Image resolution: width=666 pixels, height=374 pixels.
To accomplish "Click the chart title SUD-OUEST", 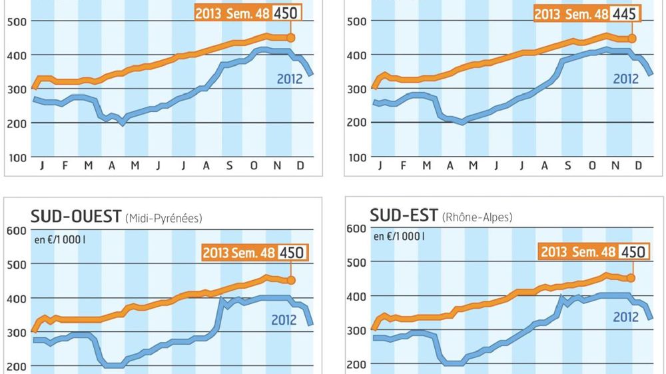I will pos(76,217).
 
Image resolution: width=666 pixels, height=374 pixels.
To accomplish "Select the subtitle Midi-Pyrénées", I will pos(163,219).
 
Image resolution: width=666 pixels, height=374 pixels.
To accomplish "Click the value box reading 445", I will pos(626,13).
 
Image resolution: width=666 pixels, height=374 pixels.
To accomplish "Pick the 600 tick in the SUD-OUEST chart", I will pos(15,231).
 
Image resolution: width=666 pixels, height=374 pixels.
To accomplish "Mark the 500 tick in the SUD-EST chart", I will pos(356,261).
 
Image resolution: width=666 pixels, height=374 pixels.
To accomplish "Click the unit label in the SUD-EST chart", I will pos(399,235).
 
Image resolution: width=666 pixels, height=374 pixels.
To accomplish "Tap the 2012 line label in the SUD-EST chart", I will pos(625,317).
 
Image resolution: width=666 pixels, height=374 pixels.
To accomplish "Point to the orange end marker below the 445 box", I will pos(632,39).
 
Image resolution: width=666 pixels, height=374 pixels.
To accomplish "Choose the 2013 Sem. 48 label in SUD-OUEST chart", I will pos(238,253).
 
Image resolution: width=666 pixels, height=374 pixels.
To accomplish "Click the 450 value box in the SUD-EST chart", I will pos(632,251).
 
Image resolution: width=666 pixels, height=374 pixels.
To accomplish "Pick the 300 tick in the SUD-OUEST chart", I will pos(15,332).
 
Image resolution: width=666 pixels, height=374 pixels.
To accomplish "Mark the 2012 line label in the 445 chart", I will pos(625,79).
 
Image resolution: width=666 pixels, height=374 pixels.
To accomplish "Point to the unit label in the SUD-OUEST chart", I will pos(59,237).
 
